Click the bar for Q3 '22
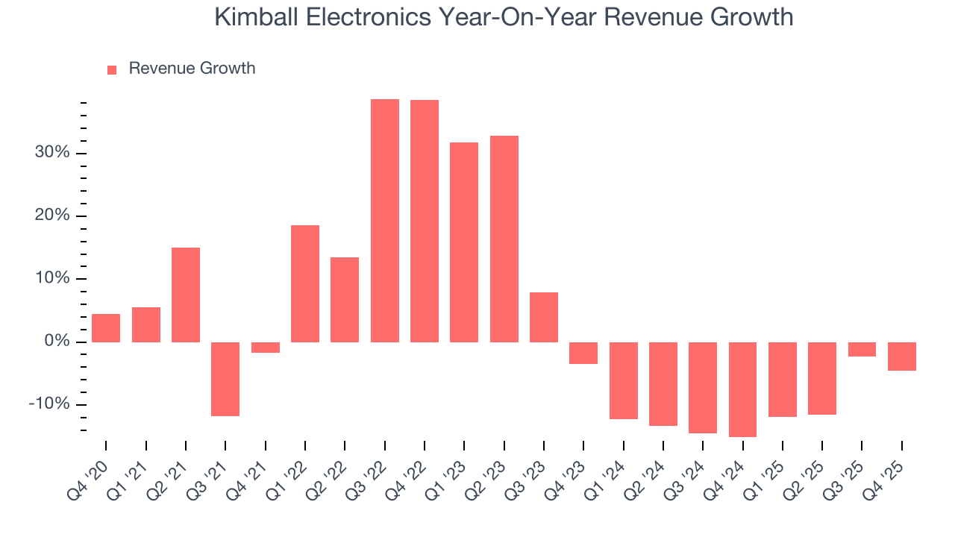(384, 221)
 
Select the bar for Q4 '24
(742, 389)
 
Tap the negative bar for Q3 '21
(225, 379)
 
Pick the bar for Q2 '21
(186, 295)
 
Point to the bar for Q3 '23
(544, 317)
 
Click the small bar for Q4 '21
(265, 348)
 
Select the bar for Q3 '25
(862, 349)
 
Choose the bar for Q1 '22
(305, 283)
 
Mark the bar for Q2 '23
(504, 239)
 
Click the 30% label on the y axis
(52, 153)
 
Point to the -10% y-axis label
(49, 404)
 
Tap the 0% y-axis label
(57, 342)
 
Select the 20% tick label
(52, 216)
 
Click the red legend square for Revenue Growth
(112, 70)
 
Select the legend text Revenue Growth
(192, 69)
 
